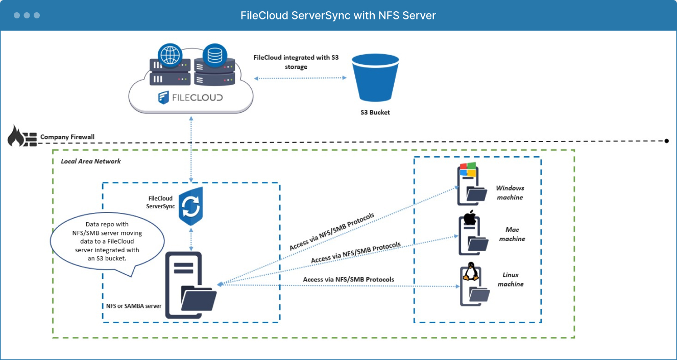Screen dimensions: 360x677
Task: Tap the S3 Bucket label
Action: (x=374, y=112)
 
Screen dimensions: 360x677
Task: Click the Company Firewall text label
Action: (x=67, y=137)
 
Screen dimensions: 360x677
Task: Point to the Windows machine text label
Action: (x=510, y=193)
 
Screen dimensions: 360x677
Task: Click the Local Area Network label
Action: (x=91, y=161)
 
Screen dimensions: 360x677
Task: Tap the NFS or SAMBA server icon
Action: (x=190, y=286)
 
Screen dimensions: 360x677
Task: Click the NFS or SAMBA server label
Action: (x=131, y=306)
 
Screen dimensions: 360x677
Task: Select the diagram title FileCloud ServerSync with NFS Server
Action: (x=338, y=15)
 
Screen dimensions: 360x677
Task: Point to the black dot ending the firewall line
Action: (x=667, y=140)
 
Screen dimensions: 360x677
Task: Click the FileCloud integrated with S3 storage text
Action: (x=296, y=62)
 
